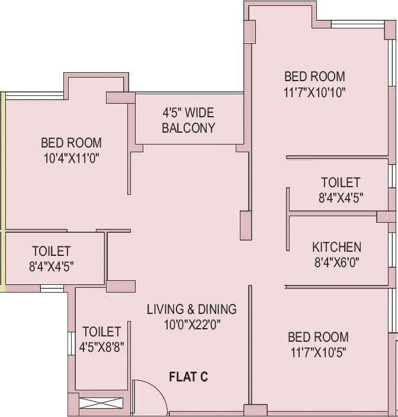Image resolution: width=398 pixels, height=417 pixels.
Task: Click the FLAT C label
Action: coord(188,376)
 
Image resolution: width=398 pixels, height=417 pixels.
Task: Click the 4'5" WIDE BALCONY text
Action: coord(188,120)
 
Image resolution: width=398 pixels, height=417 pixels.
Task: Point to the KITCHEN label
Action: coord(336,247)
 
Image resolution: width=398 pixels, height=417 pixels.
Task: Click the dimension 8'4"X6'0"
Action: coord(336,262)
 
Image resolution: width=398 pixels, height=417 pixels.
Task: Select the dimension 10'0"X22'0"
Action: coord(191,324)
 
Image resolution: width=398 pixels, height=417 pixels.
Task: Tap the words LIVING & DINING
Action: coord(191,309)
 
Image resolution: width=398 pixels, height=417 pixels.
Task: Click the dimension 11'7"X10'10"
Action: coord(314,92)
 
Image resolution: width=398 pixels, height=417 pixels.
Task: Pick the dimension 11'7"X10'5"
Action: coord(318,352)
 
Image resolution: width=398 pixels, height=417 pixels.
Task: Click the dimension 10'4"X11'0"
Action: coord(71,158)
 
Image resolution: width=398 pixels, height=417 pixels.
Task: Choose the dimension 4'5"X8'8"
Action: coord(101,347)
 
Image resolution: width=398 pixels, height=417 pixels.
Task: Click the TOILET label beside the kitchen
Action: coord(341,182)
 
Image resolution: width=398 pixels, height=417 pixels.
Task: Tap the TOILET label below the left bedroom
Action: coord(52,252)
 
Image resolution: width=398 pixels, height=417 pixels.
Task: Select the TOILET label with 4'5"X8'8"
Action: coord(101,332)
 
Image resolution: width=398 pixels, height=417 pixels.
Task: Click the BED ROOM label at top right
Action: coord(314,76)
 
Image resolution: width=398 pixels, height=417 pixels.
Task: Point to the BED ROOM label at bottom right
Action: coord(318,337)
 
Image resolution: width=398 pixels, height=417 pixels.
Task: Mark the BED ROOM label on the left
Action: coord(71,143)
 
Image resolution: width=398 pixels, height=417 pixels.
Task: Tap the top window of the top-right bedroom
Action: coord(357,25)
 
